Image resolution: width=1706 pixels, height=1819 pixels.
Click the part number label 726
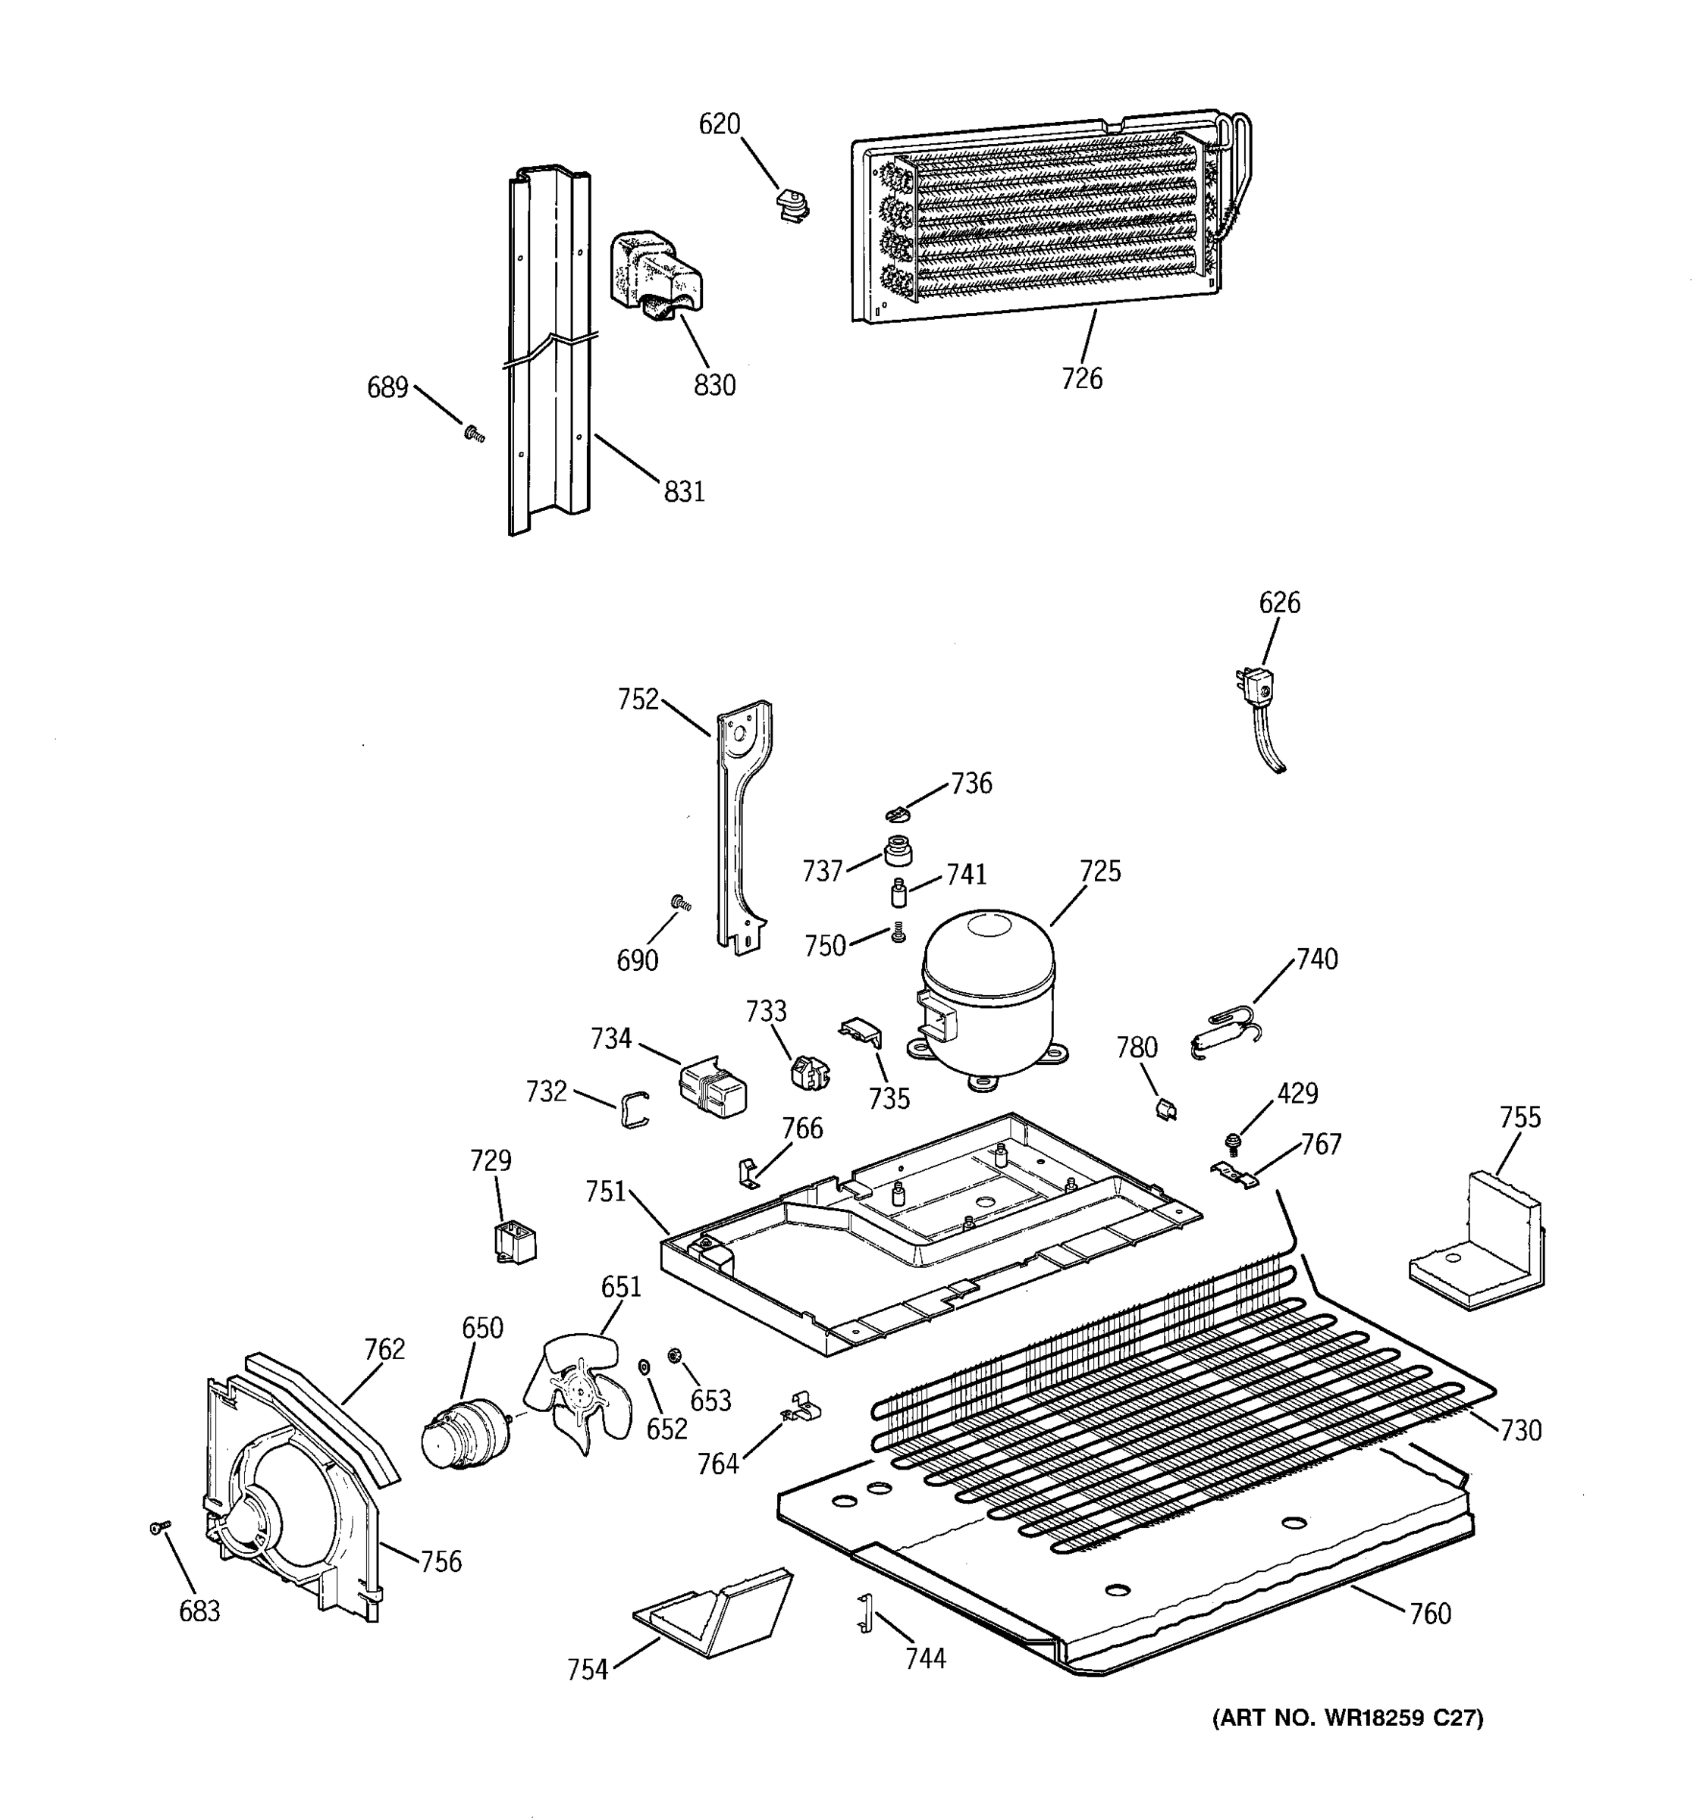click(1082, 378)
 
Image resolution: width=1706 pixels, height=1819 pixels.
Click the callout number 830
click(714, 385)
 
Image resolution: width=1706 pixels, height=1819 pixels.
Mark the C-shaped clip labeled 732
click(633, 1110)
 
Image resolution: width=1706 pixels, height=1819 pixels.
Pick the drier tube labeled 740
click(1225, 1029)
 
